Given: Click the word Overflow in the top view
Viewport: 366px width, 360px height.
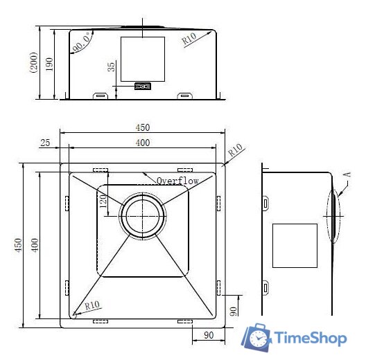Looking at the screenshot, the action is pyautogui.click(x=177, y=181).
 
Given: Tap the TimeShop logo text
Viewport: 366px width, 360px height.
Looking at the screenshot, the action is pyautogui.click(x=311, y=339).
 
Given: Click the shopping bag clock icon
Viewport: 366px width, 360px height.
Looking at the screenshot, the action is pyautogui.click(x=256, y=337).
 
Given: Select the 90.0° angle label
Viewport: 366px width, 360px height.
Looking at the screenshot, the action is pyautogui.click(x=82, y=43).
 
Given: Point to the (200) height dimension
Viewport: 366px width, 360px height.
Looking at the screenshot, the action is pyautogui.click(x=33, y=62).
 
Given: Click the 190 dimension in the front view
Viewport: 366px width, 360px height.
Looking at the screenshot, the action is pyautogui.click(x=49, y=64).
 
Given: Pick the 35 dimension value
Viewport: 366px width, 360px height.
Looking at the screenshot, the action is pyautogui.click(x=112, y=66).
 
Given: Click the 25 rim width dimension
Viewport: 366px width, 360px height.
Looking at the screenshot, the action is pyautogui.click(x=45, y=143).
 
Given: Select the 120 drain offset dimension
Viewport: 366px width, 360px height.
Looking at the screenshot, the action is pyautogui.click(x=103, y=201).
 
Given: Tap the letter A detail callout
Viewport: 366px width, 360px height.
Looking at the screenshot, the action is pyautogui.click(x=347, y=174).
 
